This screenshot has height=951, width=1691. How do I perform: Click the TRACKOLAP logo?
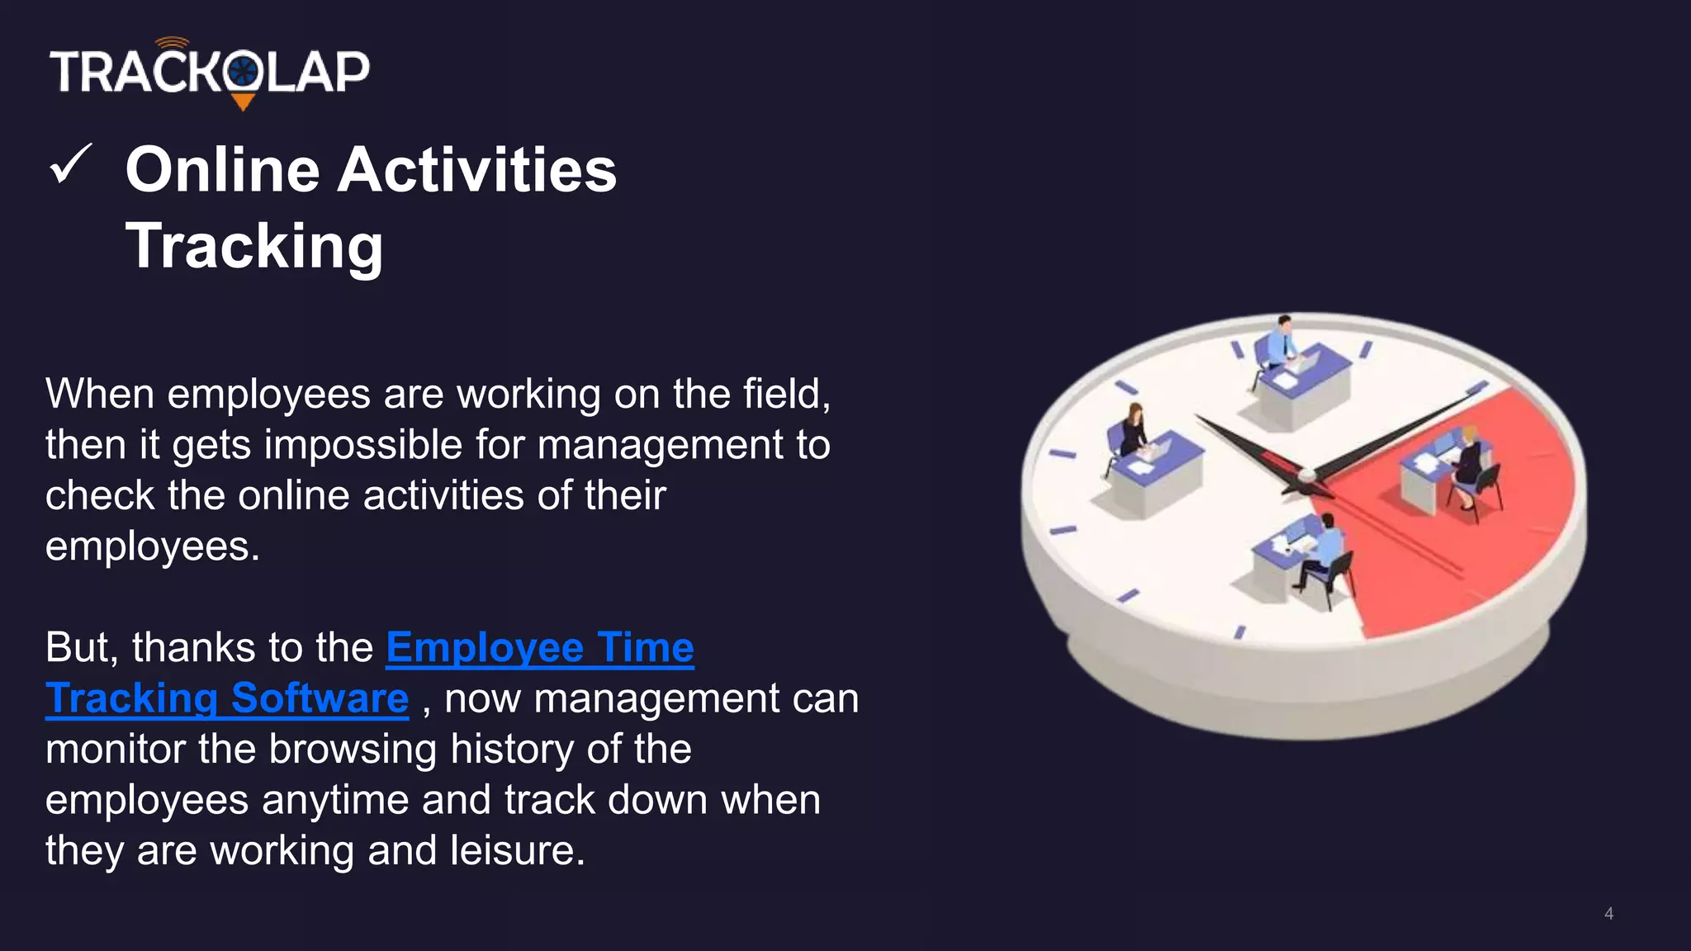[x=210, y=72]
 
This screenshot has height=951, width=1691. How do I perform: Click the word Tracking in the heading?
[x=254, y=246]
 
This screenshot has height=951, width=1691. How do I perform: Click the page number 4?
[x=1608, y=913]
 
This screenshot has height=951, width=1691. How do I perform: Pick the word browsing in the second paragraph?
[x=353, y=750]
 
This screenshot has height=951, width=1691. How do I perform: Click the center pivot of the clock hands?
[x=1307, y=475]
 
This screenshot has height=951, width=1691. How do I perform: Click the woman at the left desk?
[x=1134, y=429]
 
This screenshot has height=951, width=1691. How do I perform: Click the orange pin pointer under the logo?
[x=243, y=102]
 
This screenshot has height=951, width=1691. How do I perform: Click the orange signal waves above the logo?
[x=172, y=42]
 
